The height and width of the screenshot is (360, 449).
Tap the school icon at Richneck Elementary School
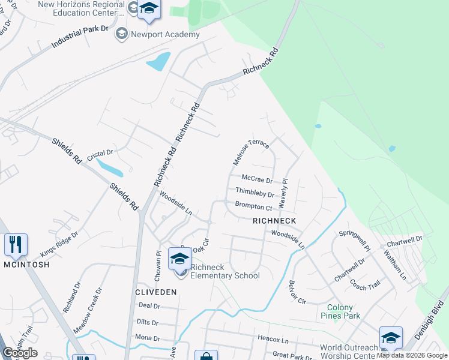point(179,259)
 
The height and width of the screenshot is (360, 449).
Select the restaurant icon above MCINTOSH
point(16,244)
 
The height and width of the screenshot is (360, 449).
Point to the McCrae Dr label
point(256,179)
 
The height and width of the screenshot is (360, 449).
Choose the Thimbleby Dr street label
point(255,192)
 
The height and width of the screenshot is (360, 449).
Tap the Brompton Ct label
point(253,206)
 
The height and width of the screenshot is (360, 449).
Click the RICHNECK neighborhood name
point(274,221)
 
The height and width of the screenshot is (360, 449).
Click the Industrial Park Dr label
point(80,37)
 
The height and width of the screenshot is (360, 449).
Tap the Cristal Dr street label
point(100,154)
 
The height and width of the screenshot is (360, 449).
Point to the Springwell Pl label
point(355,241)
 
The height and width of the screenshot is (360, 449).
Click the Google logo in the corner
point(20,353)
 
